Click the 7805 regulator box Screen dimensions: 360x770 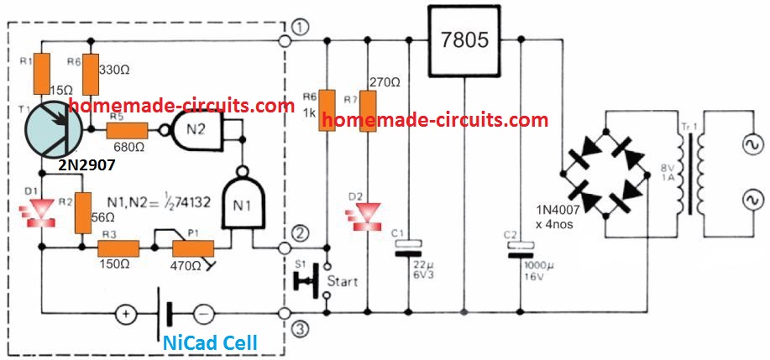click(x=464, y=39)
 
